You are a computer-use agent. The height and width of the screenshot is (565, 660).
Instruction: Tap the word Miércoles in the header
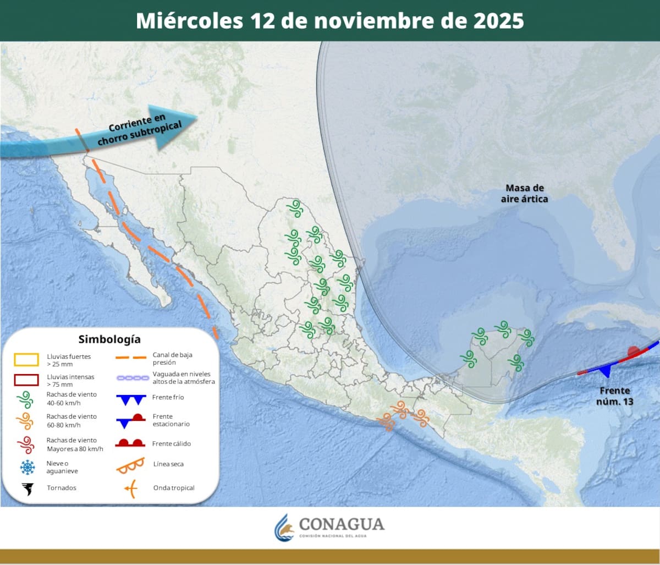click(x=189, y=21)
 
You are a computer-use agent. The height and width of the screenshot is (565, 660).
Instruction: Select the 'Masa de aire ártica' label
click(x=524, y=193)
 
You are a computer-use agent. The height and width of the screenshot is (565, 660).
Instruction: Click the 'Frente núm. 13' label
click(x=614, y=396)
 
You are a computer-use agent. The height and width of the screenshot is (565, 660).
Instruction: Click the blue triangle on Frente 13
click(x=606, y=371)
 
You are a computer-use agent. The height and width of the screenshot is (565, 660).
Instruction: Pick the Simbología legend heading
click(x=109, y=339)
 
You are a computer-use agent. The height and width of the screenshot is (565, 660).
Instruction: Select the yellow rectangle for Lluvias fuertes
click(x=26, y=360)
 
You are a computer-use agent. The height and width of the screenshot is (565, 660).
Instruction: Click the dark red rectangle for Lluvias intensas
click(x=26, y=380)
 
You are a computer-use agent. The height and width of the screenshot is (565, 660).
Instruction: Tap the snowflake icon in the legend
click(x=27, y=468)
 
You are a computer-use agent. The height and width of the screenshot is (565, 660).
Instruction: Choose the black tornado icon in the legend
click(x=27, y=489)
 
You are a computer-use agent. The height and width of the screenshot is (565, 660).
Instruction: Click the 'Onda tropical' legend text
click(x=174, y=488)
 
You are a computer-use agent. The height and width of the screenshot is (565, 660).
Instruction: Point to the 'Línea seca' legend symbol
click(x=130, y=465)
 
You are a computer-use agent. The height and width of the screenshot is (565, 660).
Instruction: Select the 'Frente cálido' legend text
click(x=172, y=443)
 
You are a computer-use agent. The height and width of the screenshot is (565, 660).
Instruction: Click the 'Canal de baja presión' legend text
click(x=173, y=359)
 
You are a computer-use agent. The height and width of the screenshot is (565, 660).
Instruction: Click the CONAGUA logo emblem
click(x=284, y=528)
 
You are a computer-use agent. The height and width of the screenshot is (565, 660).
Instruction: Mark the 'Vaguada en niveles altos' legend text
click(x=184, y=378)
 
